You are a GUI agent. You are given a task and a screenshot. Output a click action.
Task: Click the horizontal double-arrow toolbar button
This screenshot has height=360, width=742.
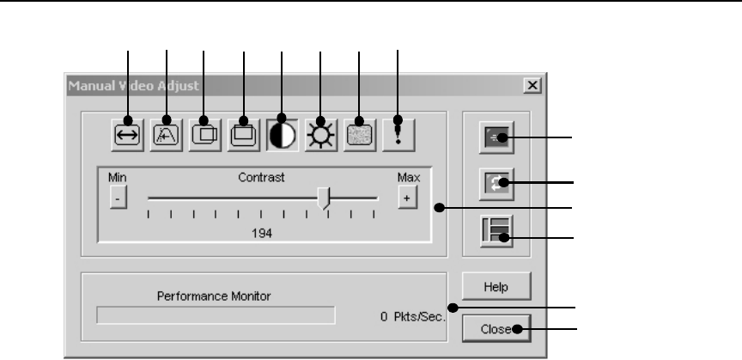click(x=128, y=134)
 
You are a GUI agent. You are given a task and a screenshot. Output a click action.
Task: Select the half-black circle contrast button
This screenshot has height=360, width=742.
click(x=283, y=134)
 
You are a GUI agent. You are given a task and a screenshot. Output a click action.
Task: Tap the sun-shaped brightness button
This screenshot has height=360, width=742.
click(x=321, y=134)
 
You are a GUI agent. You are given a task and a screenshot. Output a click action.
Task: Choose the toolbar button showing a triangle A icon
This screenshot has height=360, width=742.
click(x=167, y=134)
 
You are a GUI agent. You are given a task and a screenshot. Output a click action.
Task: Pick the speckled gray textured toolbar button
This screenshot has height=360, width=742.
click(x=360, y=134)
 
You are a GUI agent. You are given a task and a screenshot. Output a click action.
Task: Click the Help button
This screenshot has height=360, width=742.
click(x=495, y=286)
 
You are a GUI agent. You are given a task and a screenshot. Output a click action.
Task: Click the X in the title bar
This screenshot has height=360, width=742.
click(x=532, y=86)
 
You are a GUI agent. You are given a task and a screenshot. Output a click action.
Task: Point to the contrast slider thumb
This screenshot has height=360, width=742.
click(x=324, y=198)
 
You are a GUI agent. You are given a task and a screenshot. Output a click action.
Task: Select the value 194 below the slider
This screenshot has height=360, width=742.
click(x=262, y=234)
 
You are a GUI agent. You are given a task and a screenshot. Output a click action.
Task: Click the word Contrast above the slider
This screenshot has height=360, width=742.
click(x=261, y=177)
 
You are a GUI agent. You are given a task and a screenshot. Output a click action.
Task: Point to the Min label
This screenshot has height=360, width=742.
click(x=117, y=177)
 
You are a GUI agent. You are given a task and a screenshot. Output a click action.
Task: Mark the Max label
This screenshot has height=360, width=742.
click(x=407, y=177)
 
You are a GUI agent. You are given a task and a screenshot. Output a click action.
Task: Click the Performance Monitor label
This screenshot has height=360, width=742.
click(x=214, y=296)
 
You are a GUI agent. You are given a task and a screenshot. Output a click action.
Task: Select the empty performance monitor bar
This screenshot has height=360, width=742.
click(x=216, y=315)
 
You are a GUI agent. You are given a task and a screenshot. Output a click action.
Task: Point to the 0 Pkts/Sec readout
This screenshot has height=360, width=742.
click(x=412, y=316)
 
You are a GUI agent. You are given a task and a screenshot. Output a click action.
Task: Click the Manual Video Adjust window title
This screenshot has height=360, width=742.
click(x=133, y=86)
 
